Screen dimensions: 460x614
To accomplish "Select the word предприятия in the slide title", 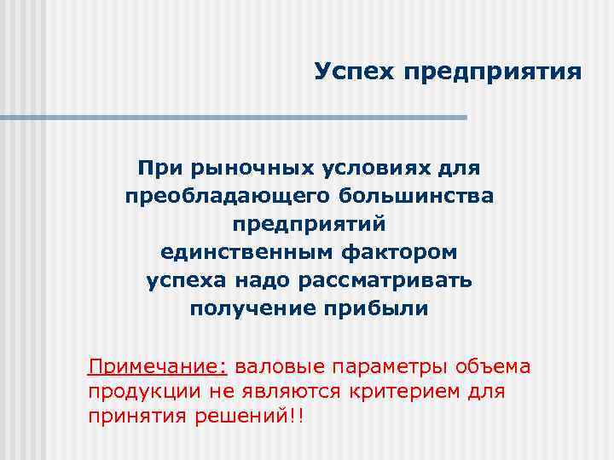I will point(493,72).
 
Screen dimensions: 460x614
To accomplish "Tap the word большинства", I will point(416,197).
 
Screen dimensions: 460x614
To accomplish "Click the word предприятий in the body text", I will point(309,225).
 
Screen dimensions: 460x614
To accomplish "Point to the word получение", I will point(246,308).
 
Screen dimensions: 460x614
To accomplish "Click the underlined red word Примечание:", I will point(158,367).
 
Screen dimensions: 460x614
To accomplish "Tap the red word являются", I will point(287,392).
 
